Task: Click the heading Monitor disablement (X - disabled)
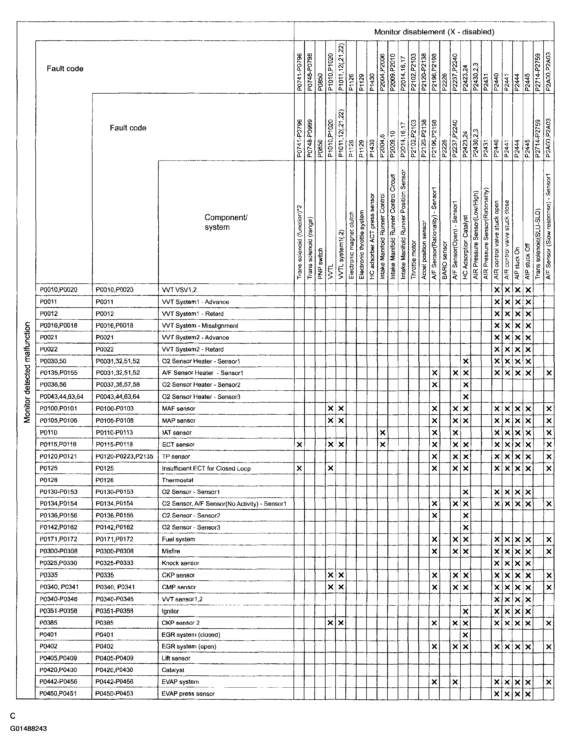[x=434, y=32]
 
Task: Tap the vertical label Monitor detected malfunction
[x=27, y=372]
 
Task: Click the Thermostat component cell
[x=178, y=480]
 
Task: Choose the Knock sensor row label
[x=180, y=563]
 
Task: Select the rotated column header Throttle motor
[x=413, y=260]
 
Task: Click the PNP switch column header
[x=320, y=264]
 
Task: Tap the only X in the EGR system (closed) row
[x=466, y=635]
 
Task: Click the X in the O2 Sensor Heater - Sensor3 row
[x=466, y=397]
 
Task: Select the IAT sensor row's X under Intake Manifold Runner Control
[x=382, y=433]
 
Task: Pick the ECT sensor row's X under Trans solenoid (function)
[x=299, y=444]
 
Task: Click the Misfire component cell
[x=171, y=551]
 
